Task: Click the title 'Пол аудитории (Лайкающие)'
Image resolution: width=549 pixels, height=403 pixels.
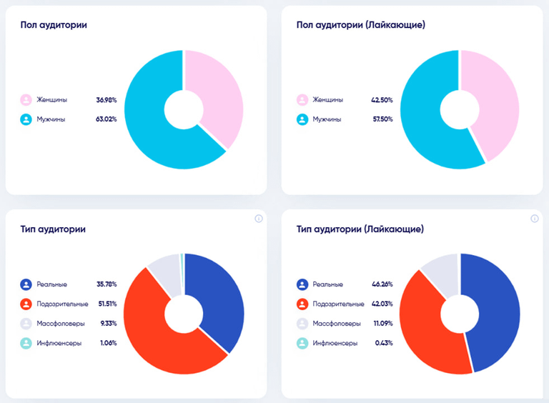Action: click(x=360, y=25)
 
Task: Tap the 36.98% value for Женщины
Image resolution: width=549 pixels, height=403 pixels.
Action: click(x=107, y=99)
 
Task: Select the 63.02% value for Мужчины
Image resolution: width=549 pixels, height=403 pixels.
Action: click(x=107, y=119)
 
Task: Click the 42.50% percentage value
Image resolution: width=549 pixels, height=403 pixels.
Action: click(x=382, y=99)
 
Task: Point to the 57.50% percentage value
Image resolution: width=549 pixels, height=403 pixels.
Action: click(x=382, y=119)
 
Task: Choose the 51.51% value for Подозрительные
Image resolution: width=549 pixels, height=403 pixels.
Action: click(x=107, y=304)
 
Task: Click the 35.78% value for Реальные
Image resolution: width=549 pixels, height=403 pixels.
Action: click(x=107, y=284)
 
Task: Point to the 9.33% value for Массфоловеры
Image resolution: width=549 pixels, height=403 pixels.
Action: click(x=107, y=323)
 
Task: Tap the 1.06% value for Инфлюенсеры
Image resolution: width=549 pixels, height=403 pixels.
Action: click(x=108, y=343)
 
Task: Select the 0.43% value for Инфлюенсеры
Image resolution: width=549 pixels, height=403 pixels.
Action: click(x=384, y=343)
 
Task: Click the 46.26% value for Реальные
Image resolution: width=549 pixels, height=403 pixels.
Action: click(x=382, y=284)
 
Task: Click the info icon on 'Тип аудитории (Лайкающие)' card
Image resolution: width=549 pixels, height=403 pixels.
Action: click(x=534, y=219)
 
